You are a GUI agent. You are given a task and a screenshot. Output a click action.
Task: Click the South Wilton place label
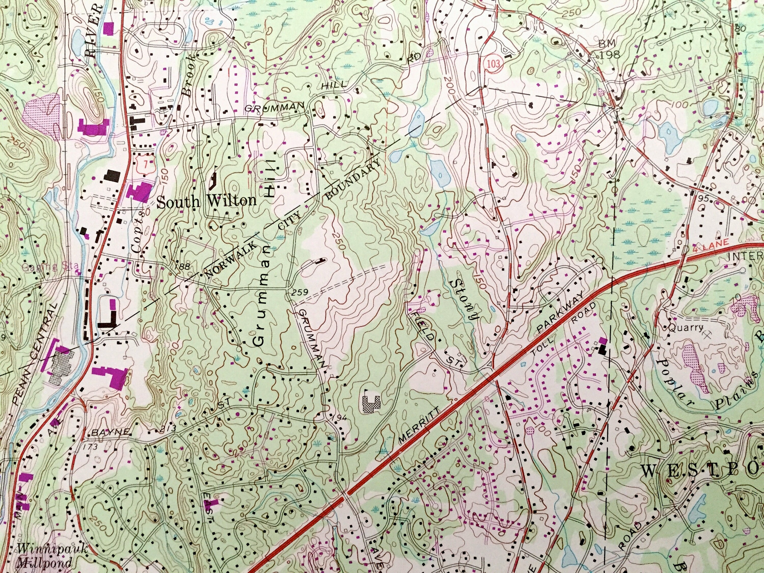pos(207,202)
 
